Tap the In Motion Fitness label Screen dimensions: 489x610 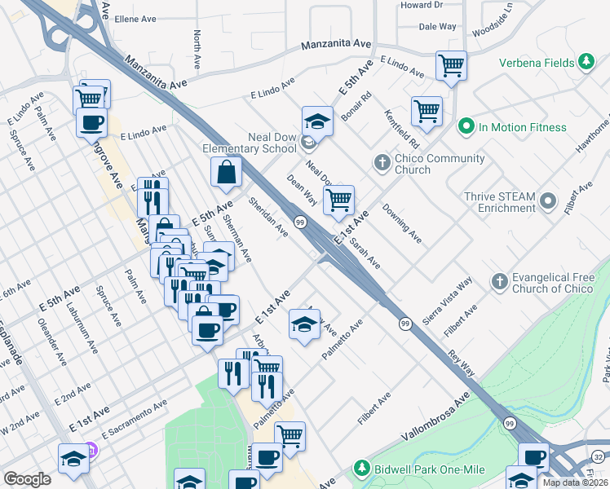(x=522, y=127)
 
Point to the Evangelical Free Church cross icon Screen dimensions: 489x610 (x=499, y=282)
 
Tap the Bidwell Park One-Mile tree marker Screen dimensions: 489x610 (x=360, y=469)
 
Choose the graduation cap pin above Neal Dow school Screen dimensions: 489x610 (x=317, y=121)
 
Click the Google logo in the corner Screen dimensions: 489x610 (x=27, y=478)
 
